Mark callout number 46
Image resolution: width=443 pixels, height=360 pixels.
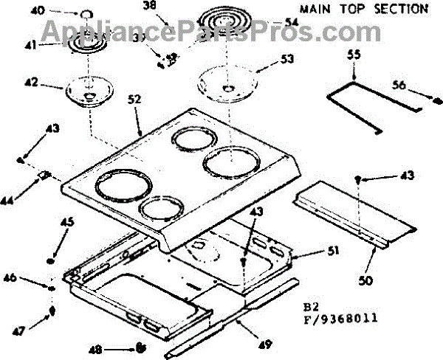click(x=30, y=279)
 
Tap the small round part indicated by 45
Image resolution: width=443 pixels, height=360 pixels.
click(x=51, y=260)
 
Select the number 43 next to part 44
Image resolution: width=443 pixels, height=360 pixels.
click(x=51, y=128)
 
